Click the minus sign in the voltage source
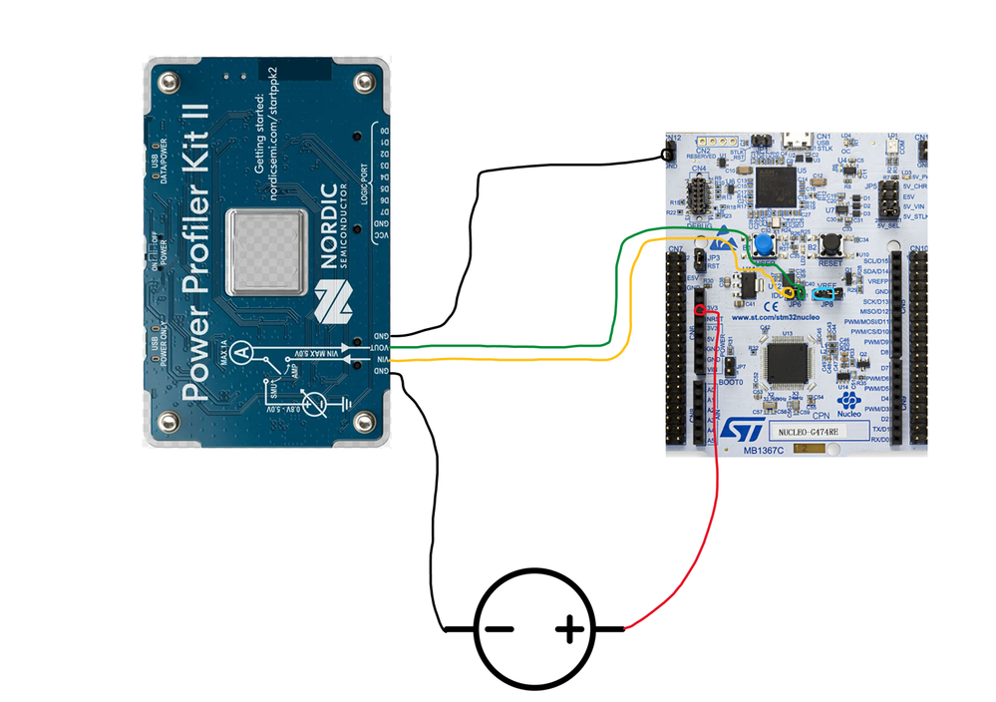click(x=499, y=629)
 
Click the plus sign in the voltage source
click(x=569, y=628)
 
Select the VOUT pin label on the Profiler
click(x=378, y=347)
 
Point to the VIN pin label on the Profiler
click(x=378, y=360)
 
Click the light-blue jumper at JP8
click(x=824, y=294)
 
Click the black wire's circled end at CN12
click(x=665, y=155)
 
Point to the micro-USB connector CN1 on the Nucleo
click(x=797, y=140)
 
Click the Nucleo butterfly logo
click(x=848, y=401)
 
